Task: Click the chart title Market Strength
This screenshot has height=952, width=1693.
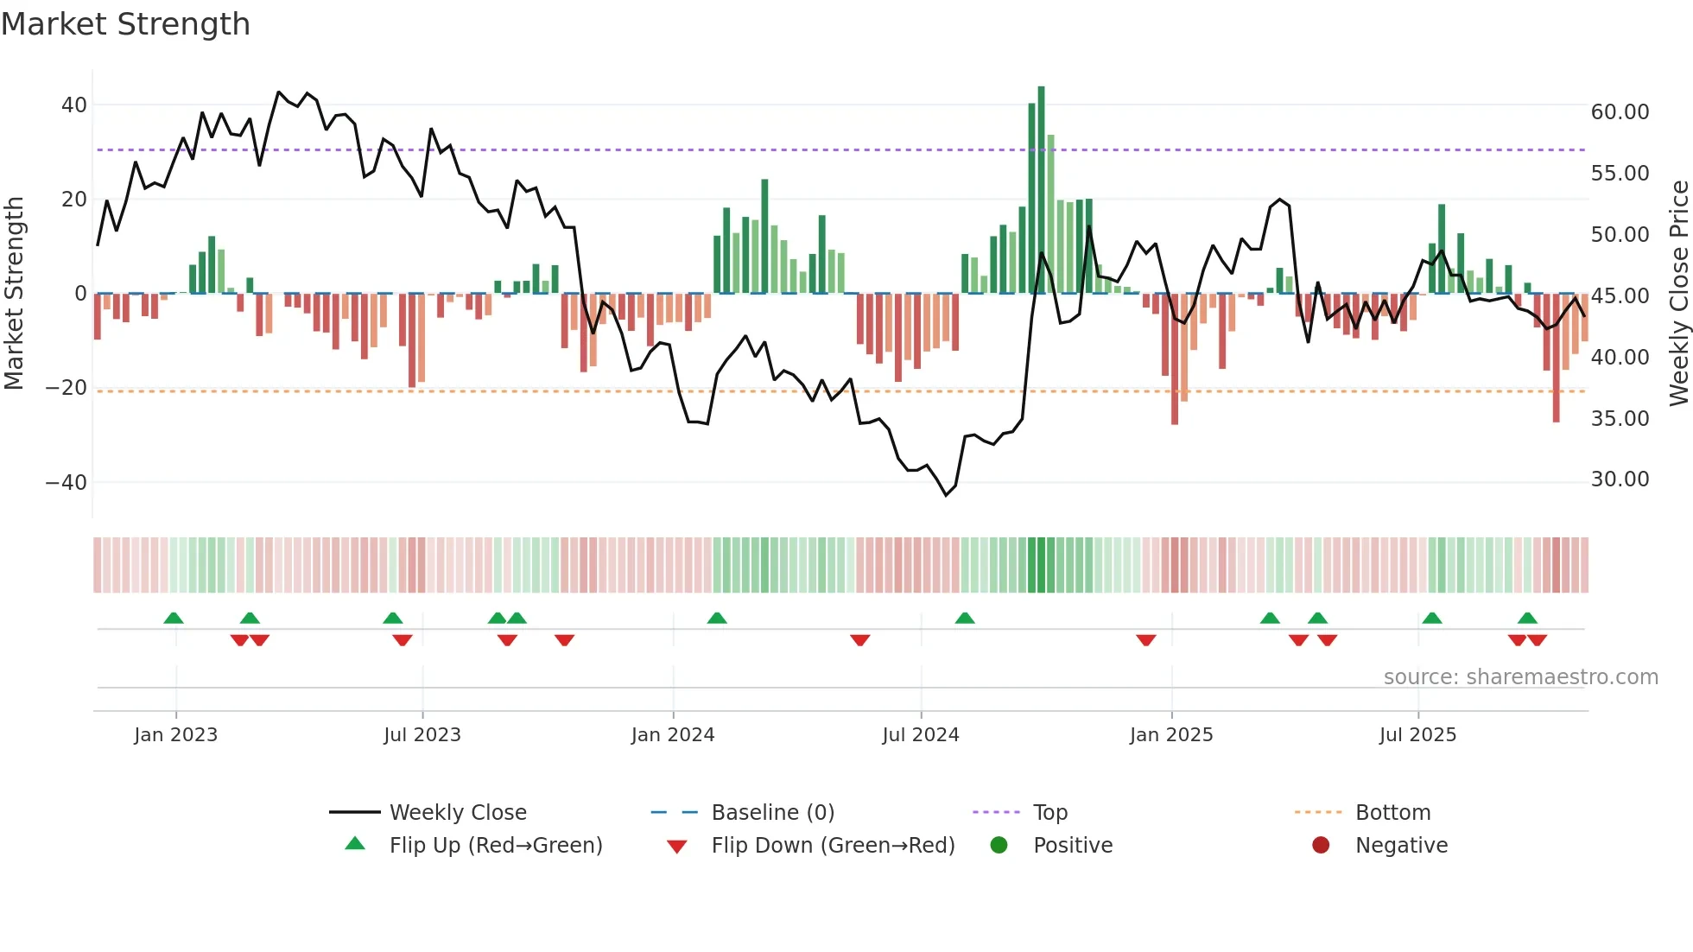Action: tap(125, 24)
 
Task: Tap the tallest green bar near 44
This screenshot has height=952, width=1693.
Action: tap(1041, 190)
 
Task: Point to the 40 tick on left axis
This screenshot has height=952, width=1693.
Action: tap(74, 105)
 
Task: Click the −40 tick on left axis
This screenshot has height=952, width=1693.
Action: tap(67, 482)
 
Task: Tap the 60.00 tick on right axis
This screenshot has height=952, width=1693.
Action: tap(1620, 112)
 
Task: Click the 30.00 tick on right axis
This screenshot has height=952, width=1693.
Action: tap(1620, 479)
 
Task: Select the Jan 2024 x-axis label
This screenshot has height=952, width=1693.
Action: tap(673, 735)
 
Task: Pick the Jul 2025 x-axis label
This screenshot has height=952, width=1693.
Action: tap(1417, 735)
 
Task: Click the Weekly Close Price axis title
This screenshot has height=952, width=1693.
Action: tap(1678, 293)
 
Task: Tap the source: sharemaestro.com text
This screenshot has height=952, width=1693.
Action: tap(1520, 677)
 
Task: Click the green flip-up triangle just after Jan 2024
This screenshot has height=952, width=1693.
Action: tap(717, 618)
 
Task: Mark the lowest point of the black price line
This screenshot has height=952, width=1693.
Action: tap(946, 495)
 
